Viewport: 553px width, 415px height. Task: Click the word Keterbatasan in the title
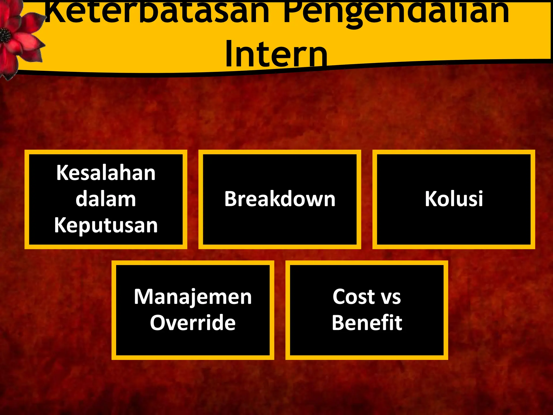(x=157, y=12)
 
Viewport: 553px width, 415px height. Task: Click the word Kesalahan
(x=106, y=173)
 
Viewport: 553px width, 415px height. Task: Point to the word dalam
(x=106, y=199)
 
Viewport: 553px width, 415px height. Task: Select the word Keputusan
(x=106, y=225)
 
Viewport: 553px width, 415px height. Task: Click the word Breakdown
(x=280, y=199)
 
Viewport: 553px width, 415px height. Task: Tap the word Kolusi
(x=454, y=199)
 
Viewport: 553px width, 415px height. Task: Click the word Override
(x=193, y=323)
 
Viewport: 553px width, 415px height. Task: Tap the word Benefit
(x=367, y=323)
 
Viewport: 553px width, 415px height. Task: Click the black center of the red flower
(x=5, y=35)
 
